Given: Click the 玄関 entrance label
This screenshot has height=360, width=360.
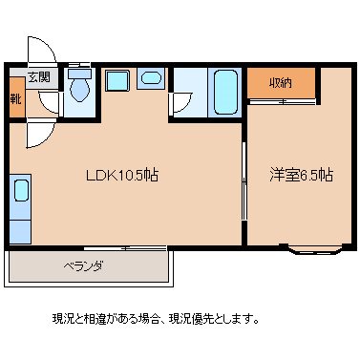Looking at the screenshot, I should point(38,77).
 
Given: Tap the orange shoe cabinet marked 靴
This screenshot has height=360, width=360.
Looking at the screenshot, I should point(16,98).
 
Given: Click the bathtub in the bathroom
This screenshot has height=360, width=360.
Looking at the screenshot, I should point(224,92).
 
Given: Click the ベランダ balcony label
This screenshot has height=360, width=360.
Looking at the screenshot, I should point(84,265).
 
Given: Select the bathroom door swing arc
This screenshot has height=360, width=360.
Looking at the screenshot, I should point(179,105).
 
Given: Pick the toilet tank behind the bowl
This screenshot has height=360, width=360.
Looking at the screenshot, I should point(79,73).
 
